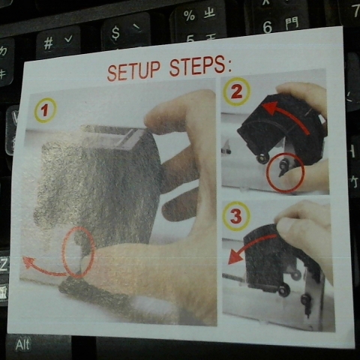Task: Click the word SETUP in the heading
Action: tap(133, 70)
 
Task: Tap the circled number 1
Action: tap(45, 110)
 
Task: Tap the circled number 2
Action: tap(237, 91)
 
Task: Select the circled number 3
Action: tap(236, 216)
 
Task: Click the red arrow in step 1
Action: tap(43, 270)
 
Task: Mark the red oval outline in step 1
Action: tap(63, 253)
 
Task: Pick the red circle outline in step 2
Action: tap(266, 172)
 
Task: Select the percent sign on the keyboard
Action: tap(189, 16)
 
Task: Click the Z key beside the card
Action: tap(4, 264)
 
